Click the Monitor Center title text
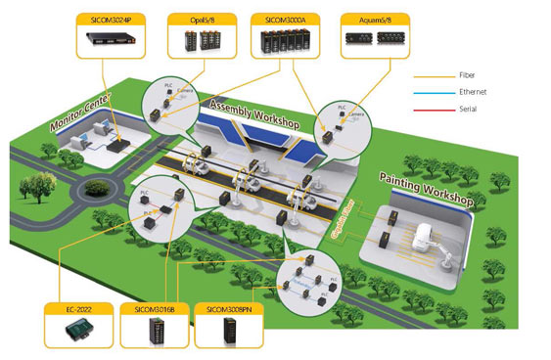84,115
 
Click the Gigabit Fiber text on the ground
354,223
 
